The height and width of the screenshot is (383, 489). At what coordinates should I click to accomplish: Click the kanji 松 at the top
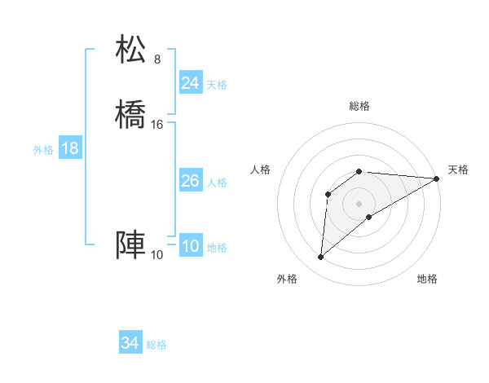131,50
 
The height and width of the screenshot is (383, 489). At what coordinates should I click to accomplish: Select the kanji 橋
131,115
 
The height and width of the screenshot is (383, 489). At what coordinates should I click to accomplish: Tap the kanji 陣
131,245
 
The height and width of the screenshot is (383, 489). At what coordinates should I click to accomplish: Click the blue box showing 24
190,82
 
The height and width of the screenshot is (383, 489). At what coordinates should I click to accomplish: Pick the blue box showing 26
190,181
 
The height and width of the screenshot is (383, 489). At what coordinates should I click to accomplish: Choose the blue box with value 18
69,148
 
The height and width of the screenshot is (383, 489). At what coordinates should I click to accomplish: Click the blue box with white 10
190,247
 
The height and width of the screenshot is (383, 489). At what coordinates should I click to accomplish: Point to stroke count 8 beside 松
157,59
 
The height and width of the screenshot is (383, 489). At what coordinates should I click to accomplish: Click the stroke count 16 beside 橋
157,125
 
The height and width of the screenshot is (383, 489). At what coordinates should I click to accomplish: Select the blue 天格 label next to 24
217,85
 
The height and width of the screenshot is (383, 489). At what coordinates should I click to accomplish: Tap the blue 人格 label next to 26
217,183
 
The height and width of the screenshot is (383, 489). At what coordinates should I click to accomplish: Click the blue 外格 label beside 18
43,150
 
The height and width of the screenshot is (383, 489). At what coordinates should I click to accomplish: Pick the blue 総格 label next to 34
156,345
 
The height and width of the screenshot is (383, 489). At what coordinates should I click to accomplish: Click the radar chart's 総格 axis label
359,107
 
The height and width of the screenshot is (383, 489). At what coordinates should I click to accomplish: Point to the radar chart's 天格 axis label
458,169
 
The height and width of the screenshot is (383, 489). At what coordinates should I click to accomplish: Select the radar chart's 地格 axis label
427,279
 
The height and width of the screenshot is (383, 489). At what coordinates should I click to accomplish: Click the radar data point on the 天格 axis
436,178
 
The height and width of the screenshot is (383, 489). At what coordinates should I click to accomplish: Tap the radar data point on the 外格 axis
320,258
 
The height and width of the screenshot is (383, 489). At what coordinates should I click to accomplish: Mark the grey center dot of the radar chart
359,203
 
